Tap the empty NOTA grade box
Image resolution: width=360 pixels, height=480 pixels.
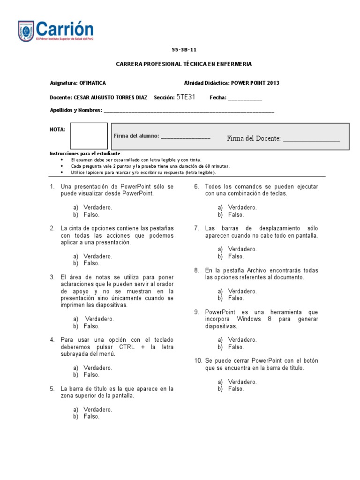click(x=89, y=136)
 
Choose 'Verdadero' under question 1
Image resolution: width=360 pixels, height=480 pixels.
click(x=97, y=208)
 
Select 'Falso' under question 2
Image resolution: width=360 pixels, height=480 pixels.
click(x=91, y=263)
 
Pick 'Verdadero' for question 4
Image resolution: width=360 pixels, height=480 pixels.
click(x=97, y=368)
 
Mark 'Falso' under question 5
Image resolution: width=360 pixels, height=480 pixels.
click(x=91, y=416)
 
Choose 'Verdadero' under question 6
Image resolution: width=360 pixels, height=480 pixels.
click(x=242, y=208)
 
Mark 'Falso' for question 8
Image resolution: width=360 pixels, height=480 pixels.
click(x=236, y=298)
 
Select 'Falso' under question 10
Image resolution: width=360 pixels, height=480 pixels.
click(x=236, y=389)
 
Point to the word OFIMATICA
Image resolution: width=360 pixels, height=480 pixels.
click(x=93, y=83)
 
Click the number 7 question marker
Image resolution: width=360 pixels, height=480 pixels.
click(x=197, y=228)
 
